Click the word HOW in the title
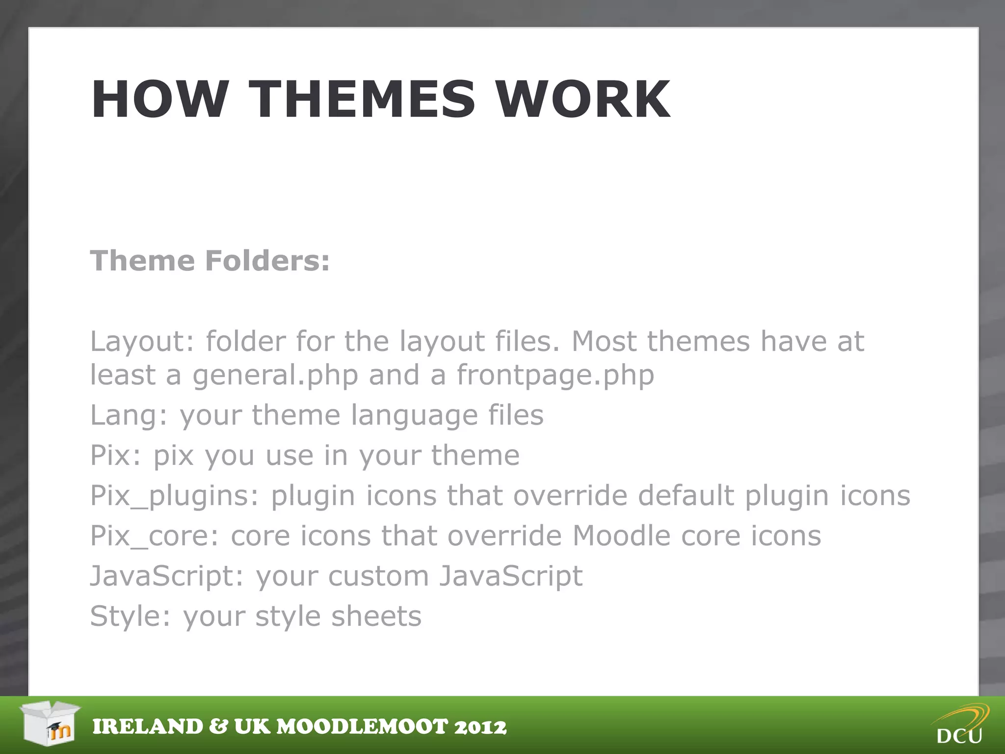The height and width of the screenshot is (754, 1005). pos(160,100)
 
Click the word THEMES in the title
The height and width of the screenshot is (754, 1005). pos(362,100)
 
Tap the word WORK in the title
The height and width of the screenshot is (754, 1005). pos(582,100)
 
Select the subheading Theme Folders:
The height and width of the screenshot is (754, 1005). pos(210,260)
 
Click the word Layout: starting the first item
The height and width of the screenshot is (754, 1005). pos(142,341)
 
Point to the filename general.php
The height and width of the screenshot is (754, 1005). pos(275,376)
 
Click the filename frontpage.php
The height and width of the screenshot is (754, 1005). pos(555,376)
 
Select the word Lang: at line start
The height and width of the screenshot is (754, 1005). pos(129,415)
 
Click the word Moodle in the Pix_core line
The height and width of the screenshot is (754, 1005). pos(621,536)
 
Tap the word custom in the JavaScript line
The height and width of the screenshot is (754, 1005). pos(378,576)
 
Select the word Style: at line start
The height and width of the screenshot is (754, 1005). pos(130,616)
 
